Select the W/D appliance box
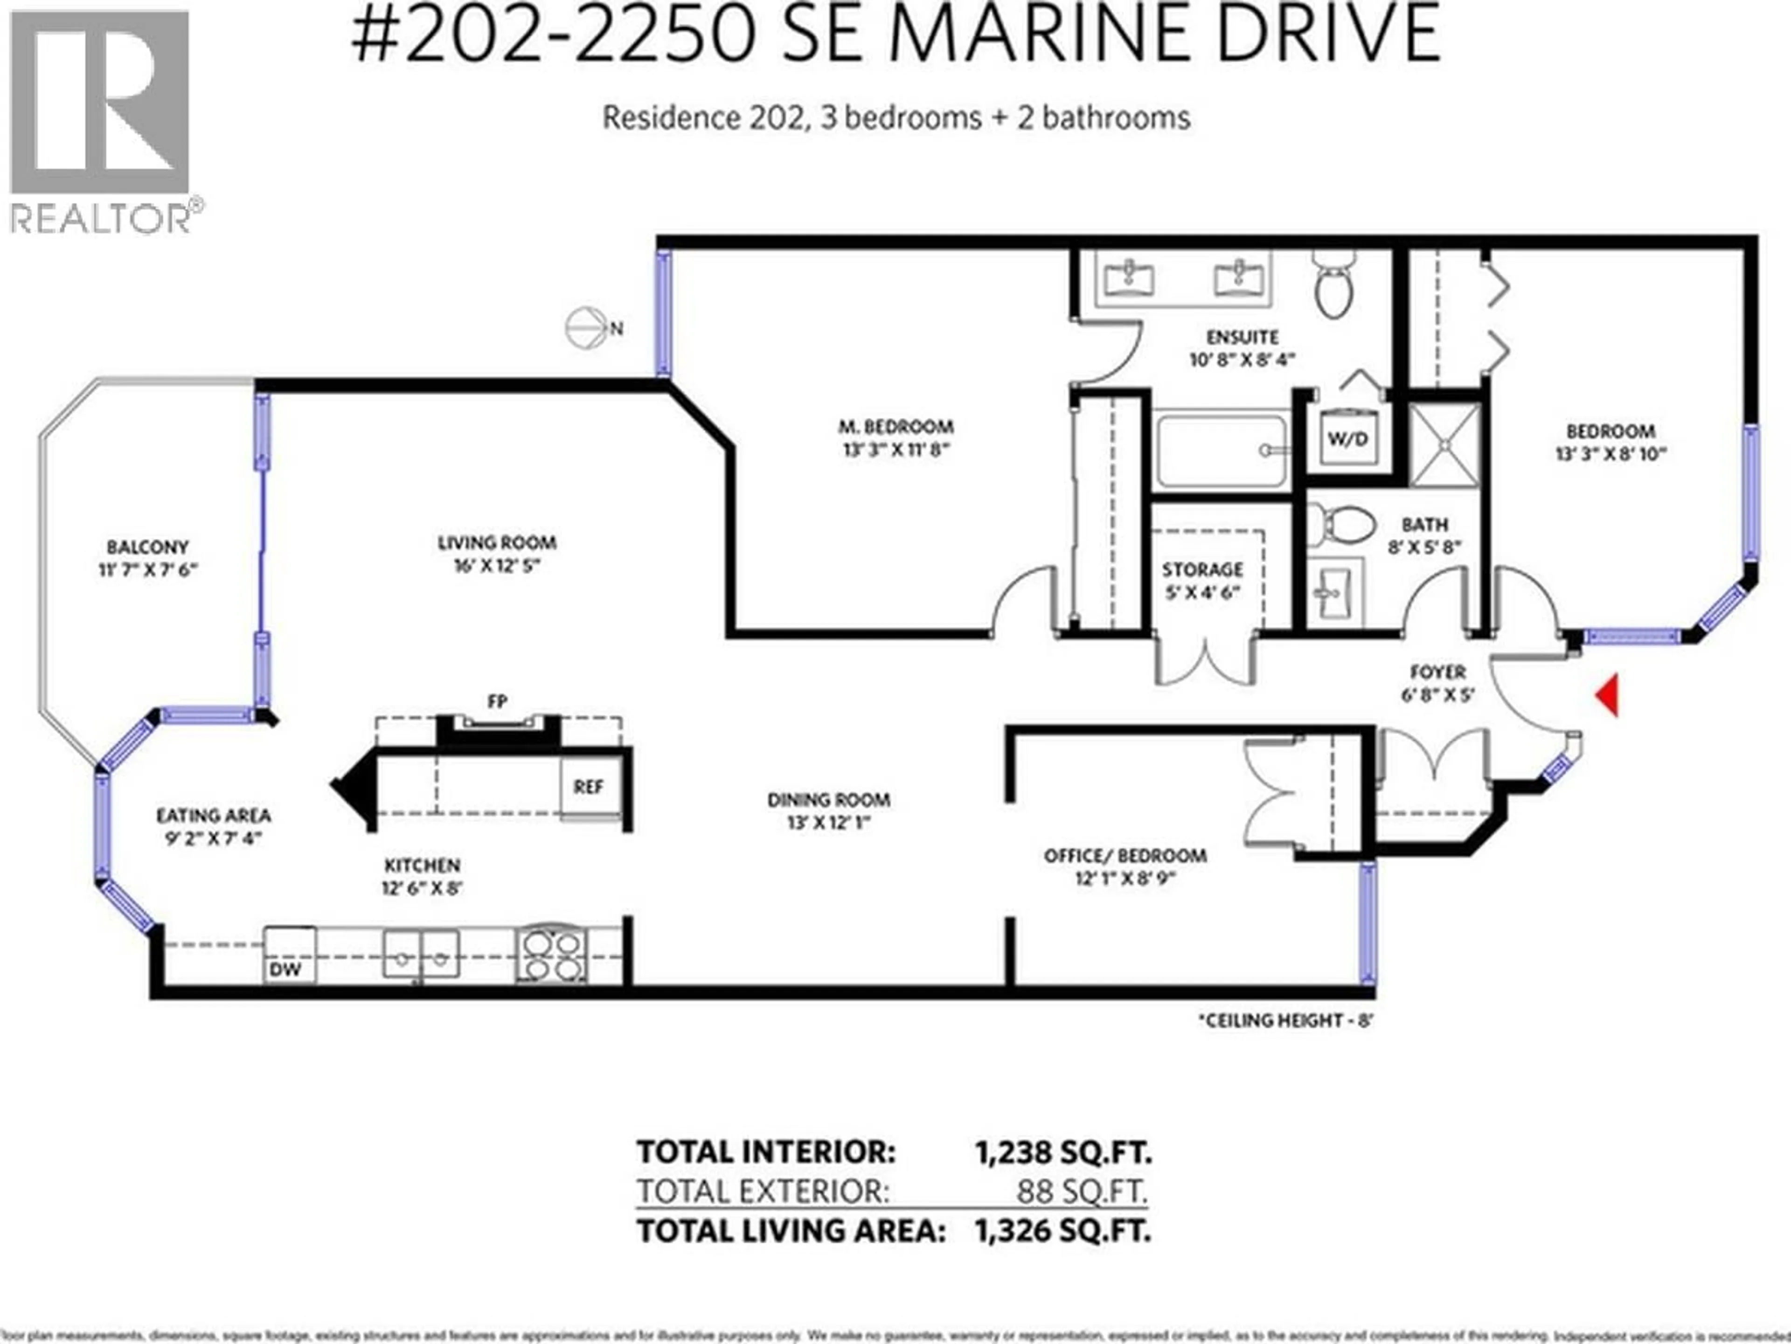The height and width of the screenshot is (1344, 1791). tap(1347, 439)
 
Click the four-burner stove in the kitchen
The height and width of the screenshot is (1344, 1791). tap(552, 956)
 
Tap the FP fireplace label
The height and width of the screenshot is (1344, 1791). tap(497, 701)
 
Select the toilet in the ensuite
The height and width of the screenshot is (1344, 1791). tap(1333, 284)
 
